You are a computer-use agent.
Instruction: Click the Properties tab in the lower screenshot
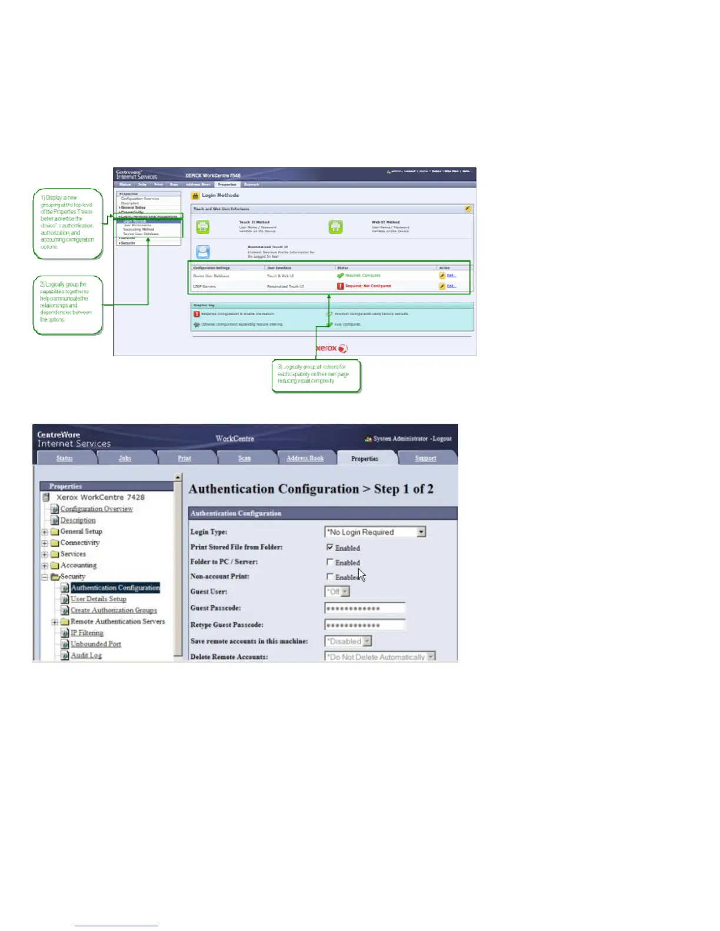tap(365, 458)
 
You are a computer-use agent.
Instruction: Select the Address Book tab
tap(305, 458)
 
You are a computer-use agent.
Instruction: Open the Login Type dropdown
tap(375, 532)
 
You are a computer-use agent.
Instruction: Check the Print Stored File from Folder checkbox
tap(330, 547)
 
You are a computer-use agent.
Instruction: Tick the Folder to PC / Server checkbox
tap(330, 562)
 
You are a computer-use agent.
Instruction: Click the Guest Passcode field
tap(365, 608)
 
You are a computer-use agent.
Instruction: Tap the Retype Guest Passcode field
tap(365, 625)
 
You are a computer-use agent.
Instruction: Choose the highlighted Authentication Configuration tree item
tap(115, 588)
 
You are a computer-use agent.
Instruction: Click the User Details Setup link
tap(98, 599)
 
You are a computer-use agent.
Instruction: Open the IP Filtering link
tap(87, 633)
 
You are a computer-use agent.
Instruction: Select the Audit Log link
tap(86, 655)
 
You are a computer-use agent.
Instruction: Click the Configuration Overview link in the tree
tap(96, 509)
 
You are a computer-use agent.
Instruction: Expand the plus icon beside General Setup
tap(45, 532)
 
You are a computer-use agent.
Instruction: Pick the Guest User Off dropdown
tap(338, 592)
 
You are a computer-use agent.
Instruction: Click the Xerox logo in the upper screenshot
tap(332, 348)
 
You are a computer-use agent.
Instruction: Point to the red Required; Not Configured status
tap(368, 286)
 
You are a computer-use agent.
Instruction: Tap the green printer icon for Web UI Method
tap(335, 227)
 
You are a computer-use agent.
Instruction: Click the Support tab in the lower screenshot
tap(425, 458)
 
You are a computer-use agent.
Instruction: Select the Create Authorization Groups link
tap(114, 610)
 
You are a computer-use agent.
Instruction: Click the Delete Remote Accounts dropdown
tap(380, 657)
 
